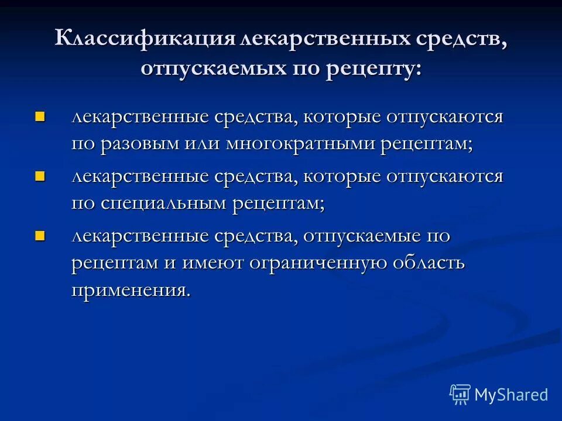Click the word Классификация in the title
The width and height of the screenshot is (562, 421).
[144, 40]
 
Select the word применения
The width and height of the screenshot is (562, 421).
[131, 290]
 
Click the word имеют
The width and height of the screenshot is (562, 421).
[214, 263]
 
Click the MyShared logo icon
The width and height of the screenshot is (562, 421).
[460, 395]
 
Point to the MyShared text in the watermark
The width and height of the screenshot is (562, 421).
[511, 395]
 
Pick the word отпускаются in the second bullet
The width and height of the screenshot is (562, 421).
[444, 175]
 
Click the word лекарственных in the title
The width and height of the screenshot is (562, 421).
[310, 40]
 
